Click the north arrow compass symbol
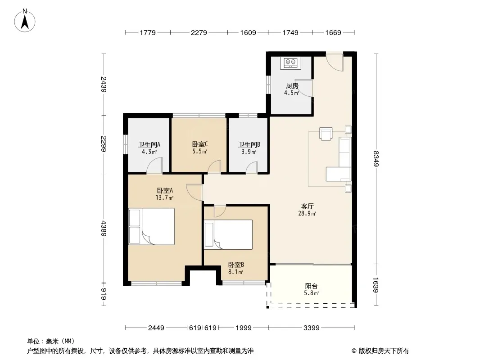tap(25, 20)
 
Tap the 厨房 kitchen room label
tap(292, 86)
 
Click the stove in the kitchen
tap(290, 63)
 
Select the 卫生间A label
tap(149, 144)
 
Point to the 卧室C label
tap(200, 144)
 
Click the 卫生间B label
tap(249, 144)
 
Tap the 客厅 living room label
tap(308, 207)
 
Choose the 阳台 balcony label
tap(311, 286)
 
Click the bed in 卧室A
tap(151, 226)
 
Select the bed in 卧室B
tap(228, 234)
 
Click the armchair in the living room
tap(326, 133)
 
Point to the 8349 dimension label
tap(376, 158)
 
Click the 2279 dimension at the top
tap(199, 32)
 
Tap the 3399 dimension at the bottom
tap(311, 328)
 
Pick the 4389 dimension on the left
tap(104, 229)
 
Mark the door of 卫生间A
tap(154, 166)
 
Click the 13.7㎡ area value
tap(164, 198)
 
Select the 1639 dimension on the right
tap(376, 285)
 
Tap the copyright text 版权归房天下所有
tap(384, 351)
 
